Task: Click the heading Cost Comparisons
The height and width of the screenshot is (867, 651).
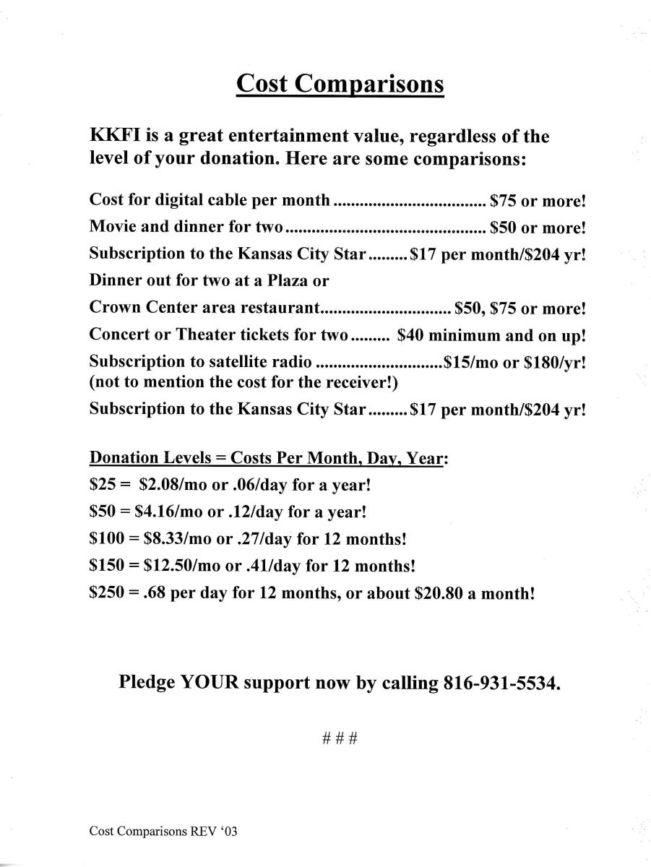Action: pyautogui.click(x=340, y=85)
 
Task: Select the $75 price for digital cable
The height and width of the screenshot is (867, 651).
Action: pyautogui.click(x=503, y=200)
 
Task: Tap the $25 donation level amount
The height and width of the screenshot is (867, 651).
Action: pyautogui.click(x=100, y=485)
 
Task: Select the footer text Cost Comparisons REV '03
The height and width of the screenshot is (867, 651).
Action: pyautogui.click(x=163, y=832)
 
